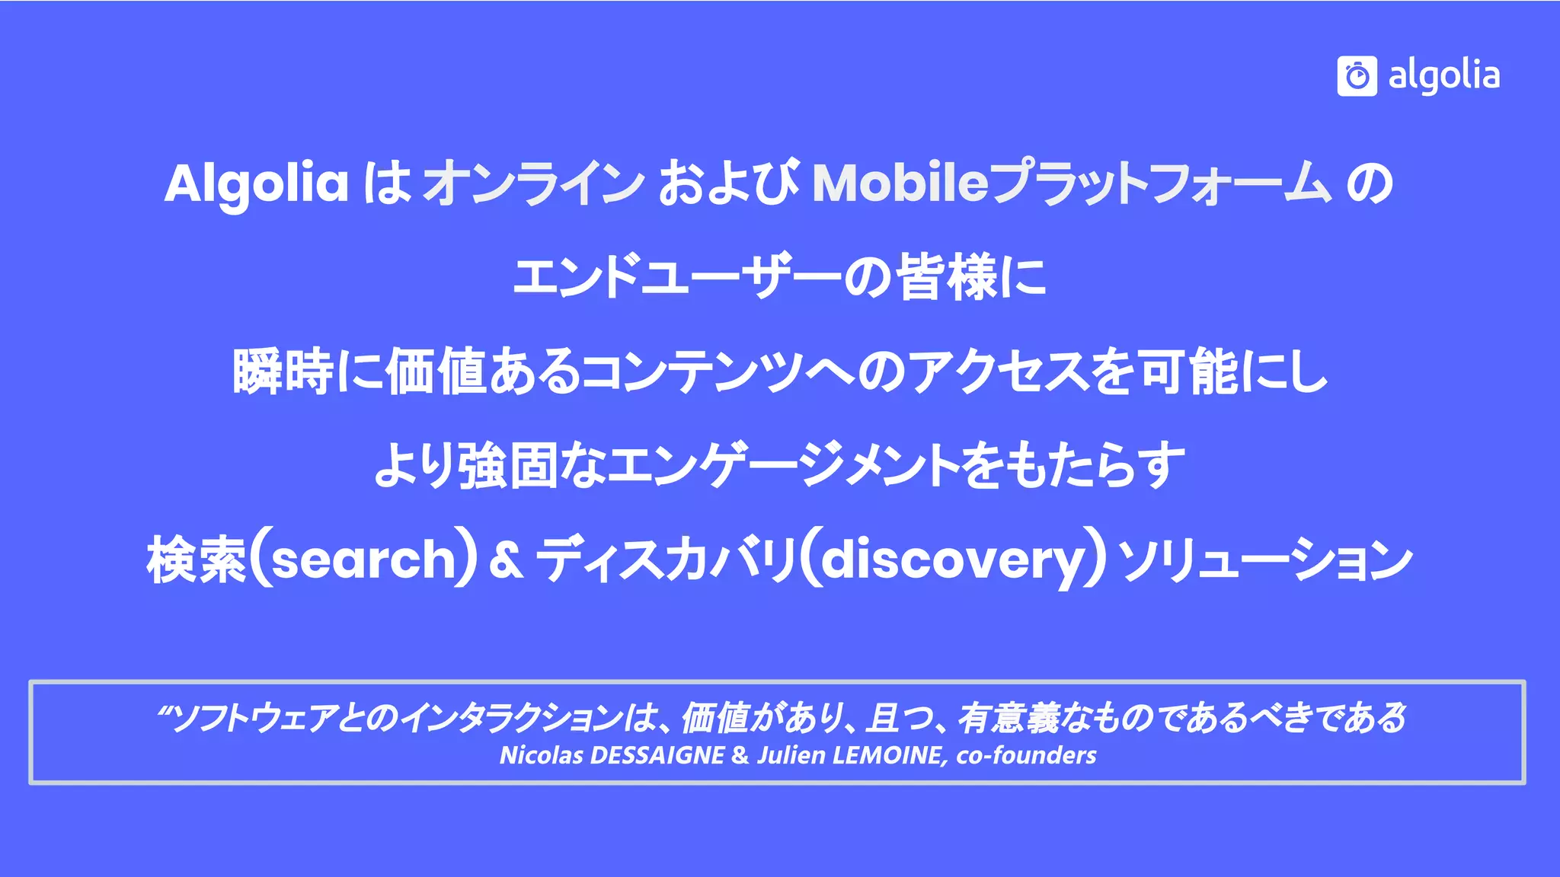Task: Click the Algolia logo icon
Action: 1357,76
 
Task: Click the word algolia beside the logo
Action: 1443,76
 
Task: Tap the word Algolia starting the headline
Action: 257,183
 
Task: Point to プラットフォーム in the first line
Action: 1162,183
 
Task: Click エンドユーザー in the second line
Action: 678,277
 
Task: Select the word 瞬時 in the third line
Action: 283,372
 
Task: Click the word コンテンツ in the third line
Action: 693,372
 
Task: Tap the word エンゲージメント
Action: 785,466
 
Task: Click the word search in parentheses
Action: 363,560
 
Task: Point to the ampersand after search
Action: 506,560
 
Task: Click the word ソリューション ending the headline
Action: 1264,560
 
